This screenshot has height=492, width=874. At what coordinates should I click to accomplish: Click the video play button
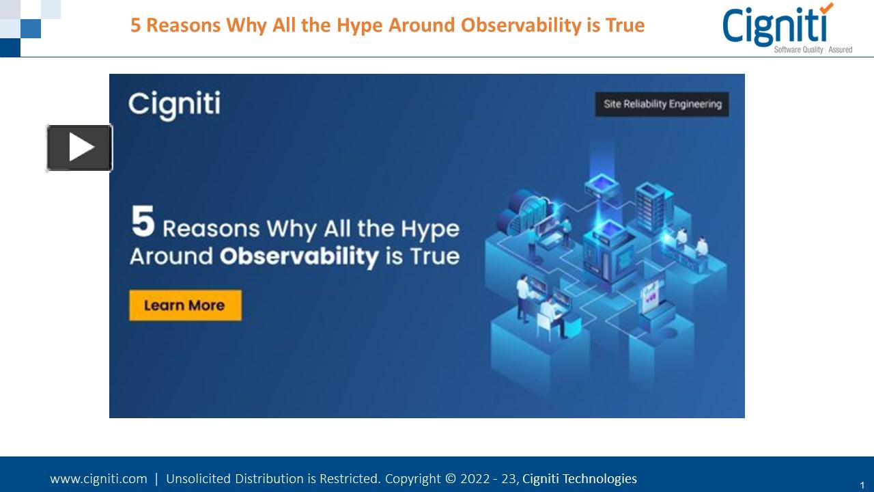coord(79,148)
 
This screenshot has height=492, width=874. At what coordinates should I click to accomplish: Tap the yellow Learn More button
coord(185,305)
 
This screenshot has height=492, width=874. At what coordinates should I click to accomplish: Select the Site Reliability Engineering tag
coord(662,105)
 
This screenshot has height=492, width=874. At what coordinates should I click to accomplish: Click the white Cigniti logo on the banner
coord(174,105)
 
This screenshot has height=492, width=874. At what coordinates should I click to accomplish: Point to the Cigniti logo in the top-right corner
coord(778,27)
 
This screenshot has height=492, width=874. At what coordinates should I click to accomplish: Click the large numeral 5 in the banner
coord(143,223)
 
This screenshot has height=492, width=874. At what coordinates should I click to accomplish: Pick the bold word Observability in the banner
coord(299,256)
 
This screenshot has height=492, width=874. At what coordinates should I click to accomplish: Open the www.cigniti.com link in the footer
coord(98,479)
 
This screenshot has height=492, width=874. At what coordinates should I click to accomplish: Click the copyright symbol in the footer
coord(450,479)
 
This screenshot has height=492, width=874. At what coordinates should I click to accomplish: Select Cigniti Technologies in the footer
coord(579,479)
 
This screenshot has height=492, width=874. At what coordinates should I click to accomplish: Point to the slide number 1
coord(862,484)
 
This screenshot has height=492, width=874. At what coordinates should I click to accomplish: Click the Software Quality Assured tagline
coord(813,50)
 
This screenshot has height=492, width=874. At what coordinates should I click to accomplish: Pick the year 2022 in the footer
coord(475,479)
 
